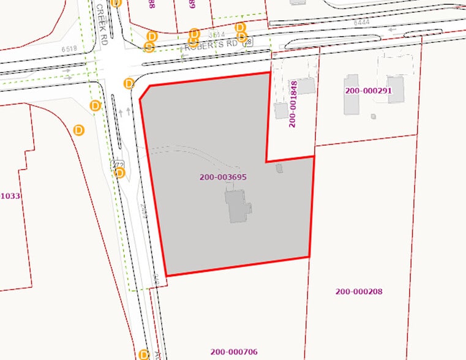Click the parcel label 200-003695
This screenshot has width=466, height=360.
[x=223, y=177]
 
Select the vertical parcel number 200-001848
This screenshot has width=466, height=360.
[x=293, y=103]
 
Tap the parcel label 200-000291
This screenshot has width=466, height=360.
[x=368, y=91]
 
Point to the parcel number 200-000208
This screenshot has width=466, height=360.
[x=359, y=291]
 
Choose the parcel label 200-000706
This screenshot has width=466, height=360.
[x=234, y=351]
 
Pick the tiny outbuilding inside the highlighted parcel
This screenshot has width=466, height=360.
[x=280, y=168]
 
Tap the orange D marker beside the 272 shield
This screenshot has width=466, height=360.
[x=120, y=173]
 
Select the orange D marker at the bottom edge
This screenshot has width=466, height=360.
[x=144, y=354]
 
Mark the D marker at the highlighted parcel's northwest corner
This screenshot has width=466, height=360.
[x=129, y=83]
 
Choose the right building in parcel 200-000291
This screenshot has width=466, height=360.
[x=396, y=90]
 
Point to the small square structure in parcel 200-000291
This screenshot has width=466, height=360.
[x=374, y=116]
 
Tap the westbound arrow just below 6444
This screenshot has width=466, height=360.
[x=393, y=29]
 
